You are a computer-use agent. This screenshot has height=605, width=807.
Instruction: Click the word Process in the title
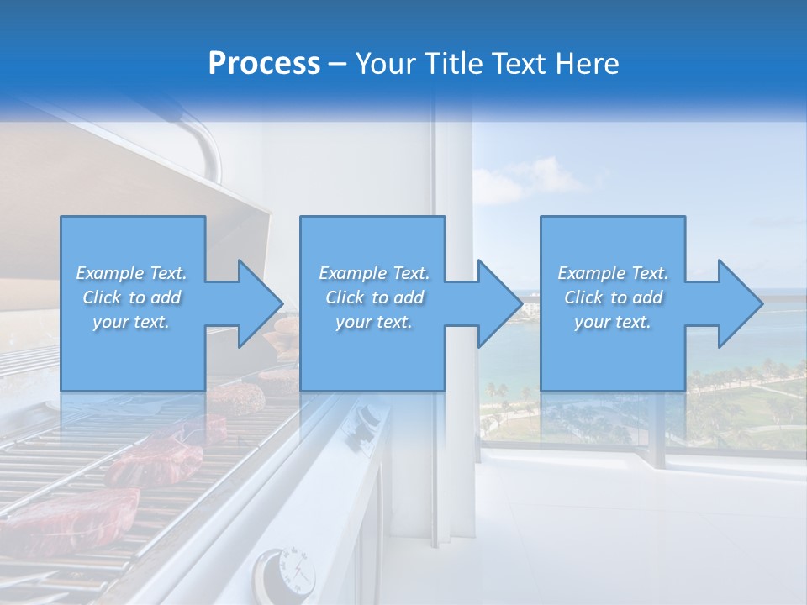point(264,64)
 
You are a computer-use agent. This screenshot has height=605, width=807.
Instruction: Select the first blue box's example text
point(131,297)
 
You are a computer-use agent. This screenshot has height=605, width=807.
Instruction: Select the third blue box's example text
point(613,297)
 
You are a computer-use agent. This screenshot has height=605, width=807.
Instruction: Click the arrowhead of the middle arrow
point(502,303)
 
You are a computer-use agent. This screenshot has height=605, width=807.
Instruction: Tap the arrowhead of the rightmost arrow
point(741,303)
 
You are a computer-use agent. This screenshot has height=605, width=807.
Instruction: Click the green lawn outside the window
point(765,412)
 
